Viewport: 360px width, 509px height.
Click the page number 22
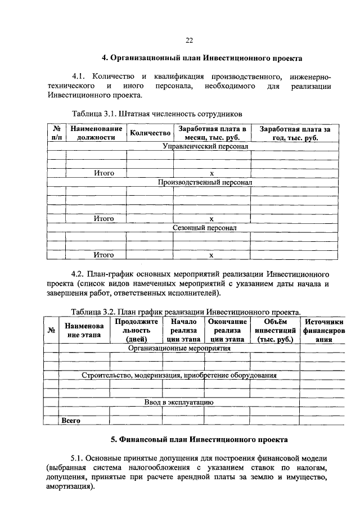click(190, 40)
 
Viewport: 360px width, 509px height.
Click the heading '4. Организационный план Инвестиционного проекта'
click(201, 58)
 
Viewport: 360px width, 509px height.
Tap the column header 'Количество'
click(150, 133)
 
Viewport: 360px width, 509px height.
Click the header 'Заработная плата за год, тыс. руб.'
click(294, 133)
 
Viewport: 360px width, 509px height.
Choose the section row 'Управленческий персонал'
click(205, 146)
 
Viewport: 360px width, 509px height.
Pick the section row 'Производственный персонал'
click(205, 183)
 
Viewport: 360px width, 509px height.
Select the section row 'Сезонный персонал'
click(205, 228)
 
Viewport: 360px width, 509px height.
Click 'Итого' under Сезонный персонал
click(103, 255)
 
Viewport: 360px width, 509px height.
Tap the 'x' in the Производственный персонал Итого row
click(211, 219)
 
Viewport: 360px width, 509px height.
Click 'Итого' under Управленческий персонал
click(103, 173)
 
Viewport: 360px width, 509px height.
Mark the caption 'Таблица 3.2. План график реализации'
click(186, 311)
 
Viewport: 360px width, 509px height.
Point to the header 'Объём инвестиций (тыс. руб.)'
click(275, 330)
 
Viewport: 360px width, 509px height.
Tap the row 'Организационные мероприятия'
click(179, 348)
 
